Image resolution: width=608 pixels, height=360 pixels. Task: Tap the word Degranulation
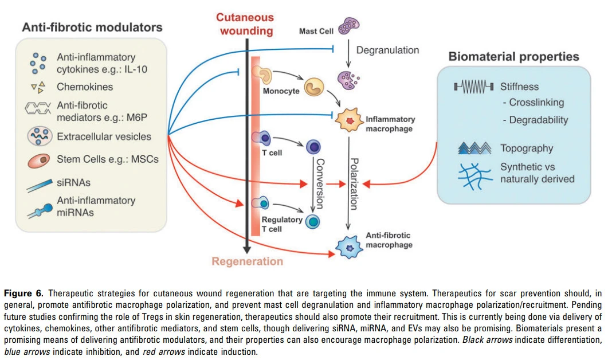coord(387,50)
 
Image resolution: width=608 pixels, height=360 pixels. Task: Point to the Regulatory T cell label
coord(282,224)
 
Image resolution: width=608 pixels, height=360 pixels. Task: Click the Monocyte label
coord(281,91)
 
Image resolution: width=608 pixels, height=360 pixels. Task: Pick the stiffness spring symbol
coord(473,87)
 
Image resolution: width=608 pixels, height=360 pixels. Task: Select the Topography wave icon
coord(475,148)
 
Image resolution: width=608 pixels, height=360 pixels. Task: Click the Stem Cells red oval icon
coord(41,160)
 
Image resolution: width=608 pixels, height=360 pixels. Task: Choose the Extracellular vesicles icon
coord(41,136)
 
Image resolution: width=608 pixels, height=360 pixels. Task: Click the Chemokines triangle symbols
coord(38,87)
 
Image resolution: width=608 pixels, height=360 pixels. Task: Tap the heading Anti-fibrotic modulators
coord(92,27)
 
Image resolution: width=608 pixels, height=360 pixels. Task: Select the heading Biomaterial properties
coord(513,56)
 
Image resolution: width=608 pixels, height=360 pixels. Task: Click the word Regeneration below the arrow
coord(247,261)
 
